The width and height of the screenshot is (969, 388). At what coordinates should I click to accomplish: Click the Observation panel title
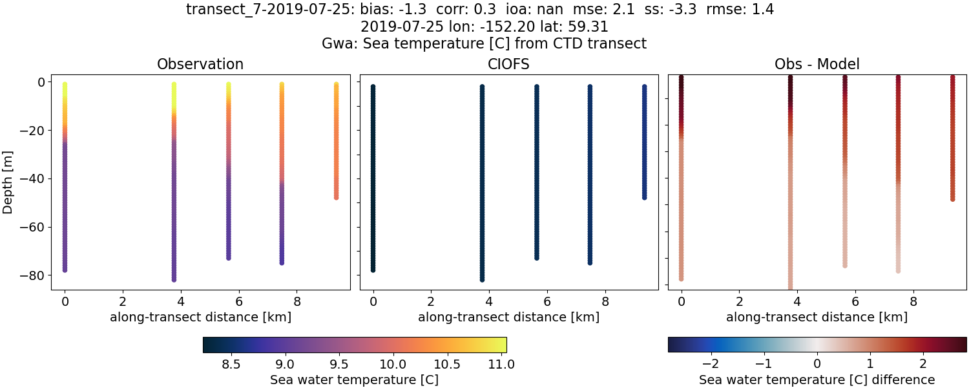[x=200, y=64]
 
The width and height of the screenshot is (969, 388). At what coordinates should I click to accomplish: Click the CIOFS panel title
[x=508, y=64]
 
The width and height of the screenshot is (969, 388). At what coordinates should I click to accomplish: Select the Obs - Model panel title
[x=817, y=64]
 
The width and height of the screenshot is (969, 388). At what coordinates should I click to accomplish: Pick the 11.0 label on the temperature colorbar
[x=501, y=364]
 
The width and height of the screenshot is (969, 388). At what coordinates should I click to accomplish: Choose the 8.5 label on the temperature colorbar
[x=231, y=364]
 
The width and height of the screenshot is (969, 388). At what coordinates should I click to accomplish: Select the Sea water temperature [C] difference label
[x=817, y=380]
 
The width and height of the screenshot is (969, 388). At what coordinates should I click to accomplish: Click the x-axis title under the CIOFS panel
[x=508, y=318]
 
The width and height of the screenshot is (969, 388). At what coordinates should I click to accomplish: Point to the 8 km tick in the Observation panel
[x=297, y=301]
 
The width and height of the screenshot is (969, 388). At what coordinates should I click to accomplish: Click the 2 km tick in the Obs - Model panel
[x=739, y=301]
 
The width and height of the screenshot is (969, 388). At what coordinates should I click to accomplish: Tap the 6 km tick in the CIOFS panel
[x=547, y=301]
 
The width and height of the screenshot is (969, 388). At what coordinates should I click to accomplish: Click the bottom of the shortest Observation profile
[x=336, y=197]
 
